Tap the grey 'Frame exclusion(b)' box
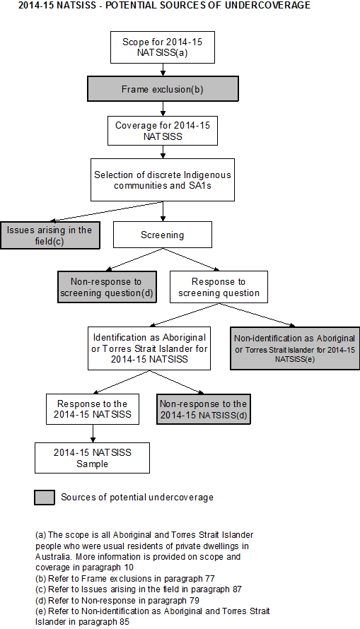pos(163,88)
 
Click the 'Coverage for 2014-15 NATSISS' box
pos(163,131)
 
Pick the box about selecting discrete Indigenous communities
pos(163,180)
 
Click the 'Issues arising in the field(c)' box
pos(50,235)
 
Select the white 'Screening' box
pos(163,235)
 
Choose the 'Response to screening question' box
pos(219,287)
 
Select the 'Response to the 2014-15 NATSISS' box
pos(91,409)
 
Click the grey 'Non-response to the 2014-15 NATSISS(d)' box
pos(204,409)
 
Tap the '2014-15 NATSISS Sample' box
pos(92,457)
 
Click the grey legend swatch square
pos(45,497)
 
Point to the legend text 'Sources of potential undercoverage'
pos(137,498)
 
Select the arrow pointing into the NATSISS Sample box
pos(92,434)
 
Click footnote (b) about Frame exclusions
pos(125,578)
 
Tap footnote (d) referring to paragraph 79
pos(120,599)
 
